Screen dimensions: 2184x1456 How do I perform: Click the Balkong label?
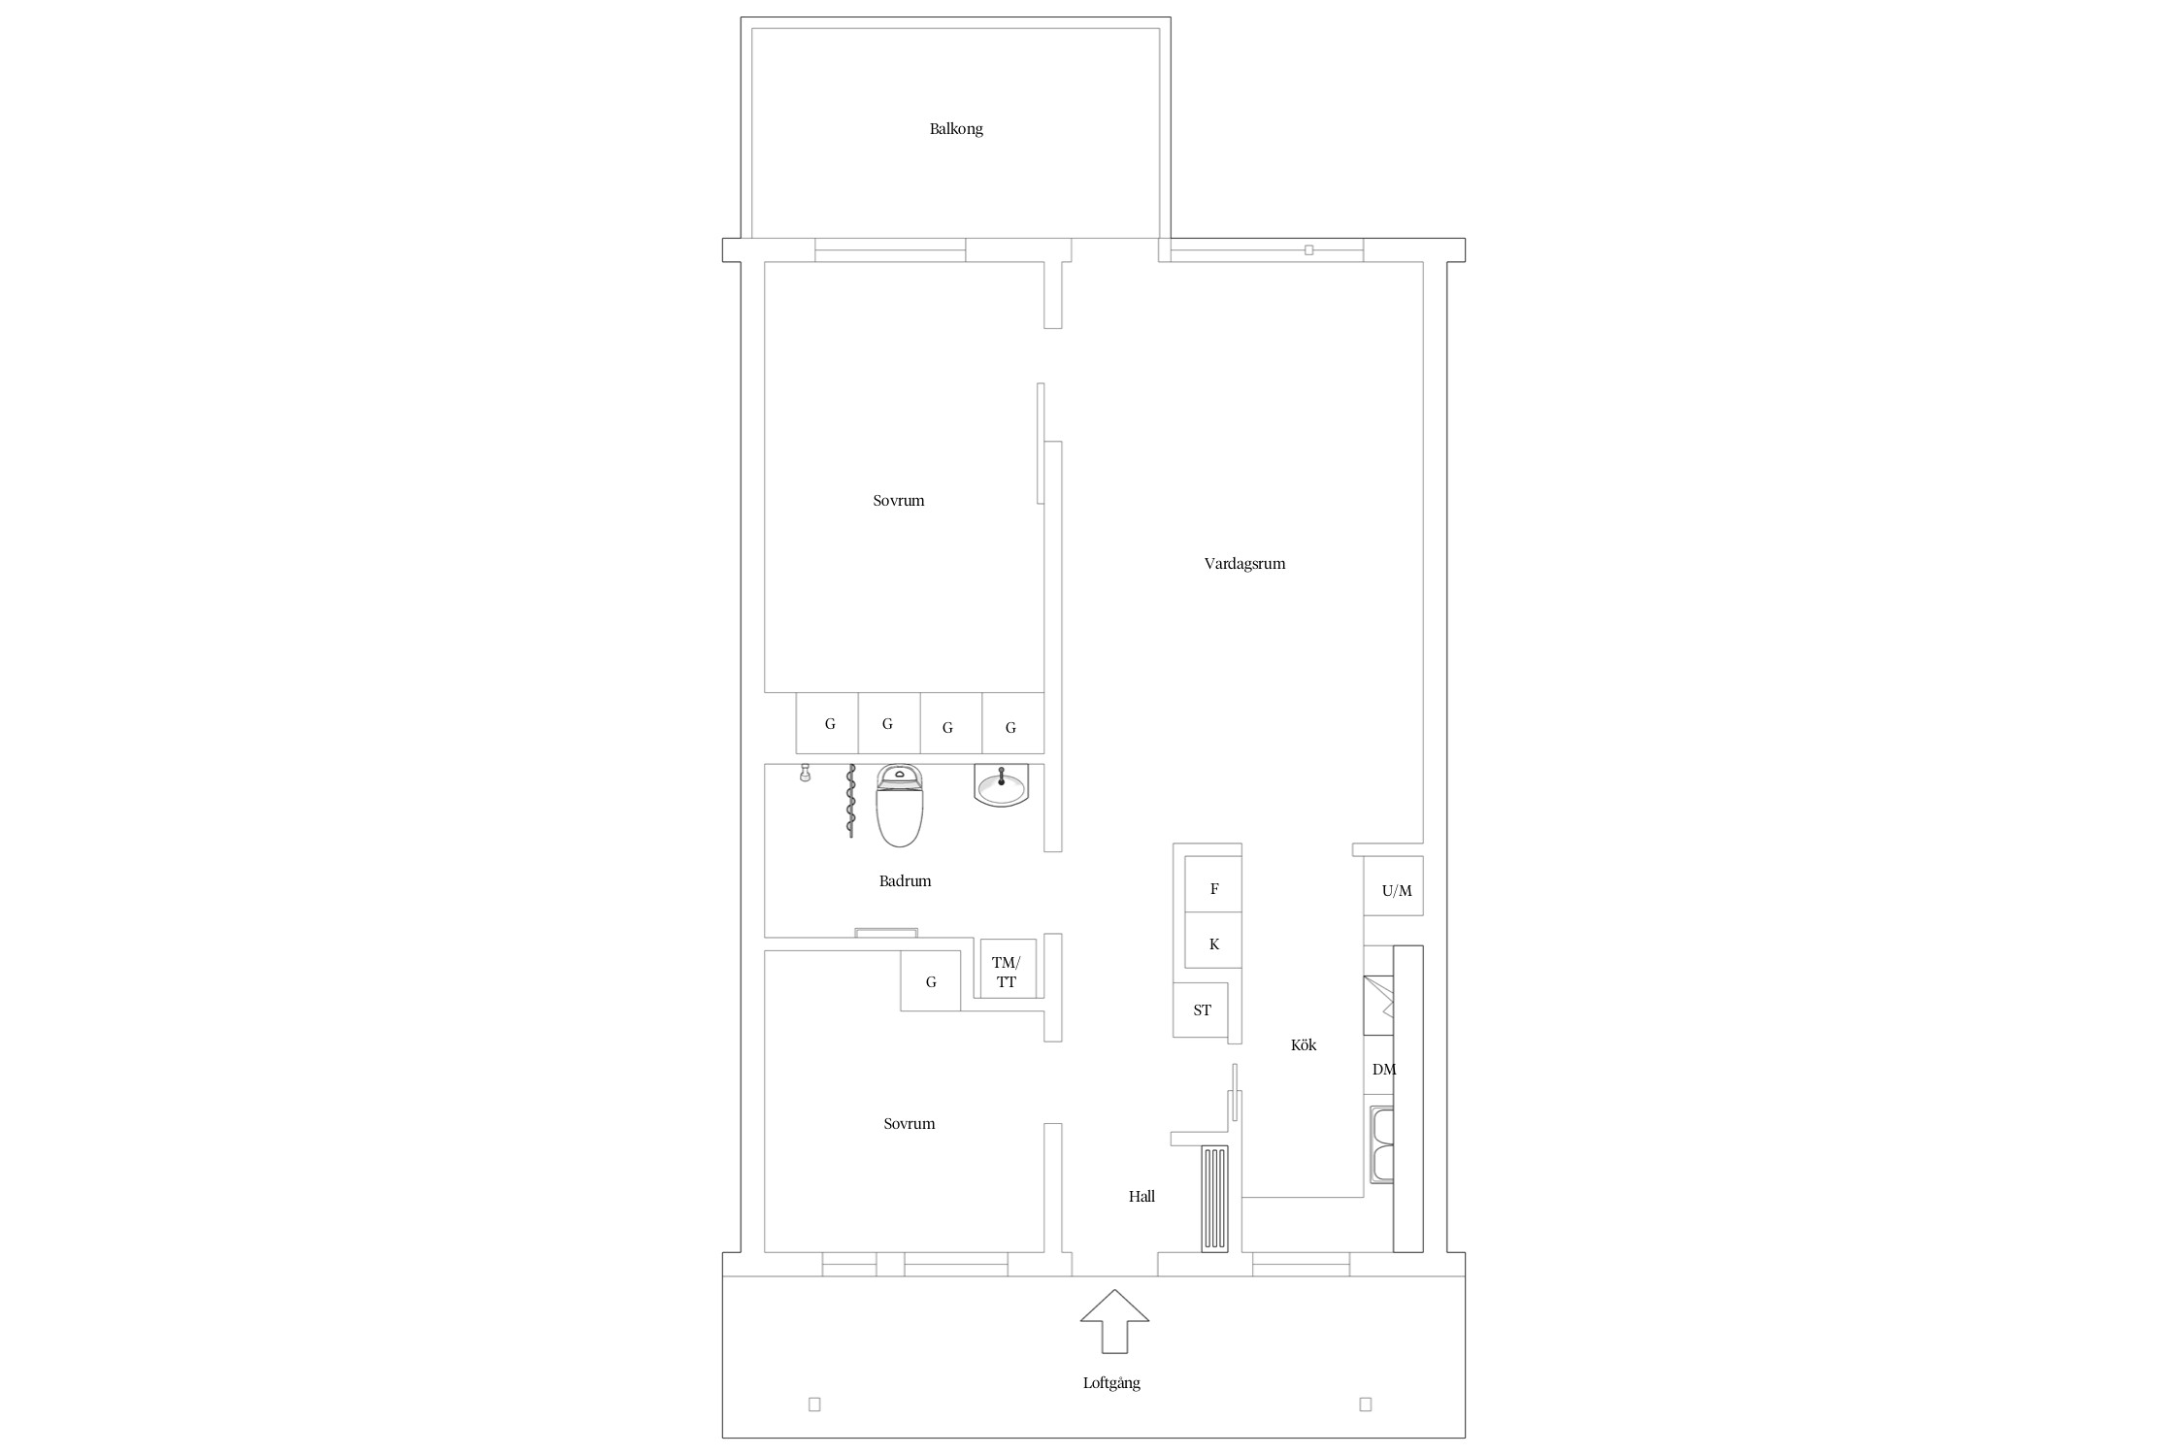point(956,128)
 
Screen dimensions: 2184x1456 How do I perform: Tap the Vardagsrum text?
point(1244,563)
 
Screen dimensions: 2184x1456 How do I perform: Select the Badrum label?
point(905,880)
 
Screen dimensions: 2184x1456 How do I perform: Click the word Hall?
point(1142,1196)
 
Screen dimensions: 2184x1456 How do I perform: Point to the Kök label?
point(1304,1044)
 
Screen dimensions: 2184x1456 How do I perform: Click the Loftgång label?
point(1111,1383)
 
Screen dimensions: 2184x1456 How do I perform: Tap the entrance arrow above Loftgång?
point(1115,1320)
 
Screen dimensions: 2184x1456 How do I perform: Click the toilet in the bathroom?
point(900,805)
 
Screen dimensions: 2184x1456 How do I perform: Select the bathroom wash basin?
point(1001,785)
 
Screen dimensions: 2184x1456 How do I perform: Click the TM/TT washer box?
point(1008,969)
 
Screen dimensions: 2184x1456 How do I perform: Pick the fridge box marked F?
point(1213,884)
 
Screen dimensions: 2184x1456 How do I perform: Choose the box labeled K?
point(1213,941)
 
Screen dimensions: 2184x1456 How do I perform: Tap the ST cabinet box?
point(1201,1009)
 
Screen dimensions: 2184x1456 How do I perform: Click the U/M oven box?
point(1394,885)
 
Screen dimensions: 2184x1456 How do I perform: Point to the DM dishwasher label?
point(1384,1069)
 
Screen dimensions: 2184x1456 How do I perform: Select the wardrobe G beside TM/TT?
point(931,981)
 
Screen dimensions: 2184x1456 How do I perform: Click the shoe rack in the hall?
point(1214,1199)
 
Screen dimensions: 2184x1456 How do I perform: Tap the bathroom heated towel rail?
point(851,801)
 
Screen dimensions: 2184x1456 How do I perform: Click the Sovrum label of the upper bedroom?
point(898,501)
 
